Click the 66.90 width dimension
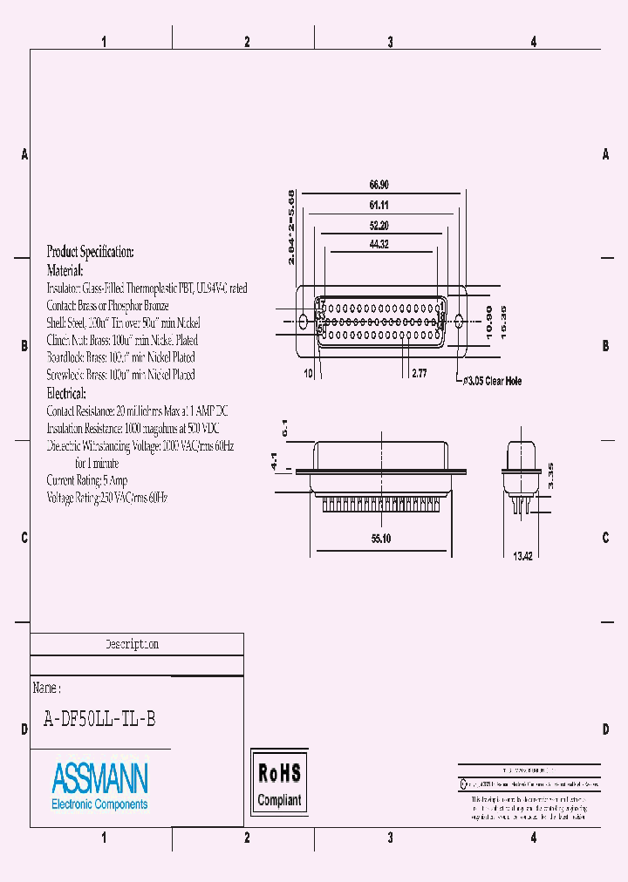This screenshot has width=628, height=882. point(378,185)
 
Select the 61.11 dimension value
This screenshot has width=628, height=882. point(378,205)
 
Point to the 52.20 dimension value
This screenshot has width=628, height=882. point(378,225)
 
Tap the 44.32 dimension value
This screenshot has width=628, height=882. point(378,245)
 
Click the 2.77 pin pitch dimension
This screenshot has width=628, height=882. point(419,373)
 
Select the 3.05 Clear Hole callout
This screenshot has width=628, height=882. point(492,381)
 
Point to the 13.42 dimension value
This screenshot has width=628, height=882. point(522,556)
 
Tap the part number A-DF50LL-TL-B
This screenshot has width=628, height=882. point(100,719)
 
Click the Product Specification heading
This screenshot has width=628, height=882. point(90,252)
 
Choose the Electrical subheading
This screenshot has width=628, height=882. point(65,393)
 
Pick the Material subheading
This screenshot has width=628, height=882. point(65,270)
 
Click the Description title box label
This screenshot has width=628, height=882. point(133,645)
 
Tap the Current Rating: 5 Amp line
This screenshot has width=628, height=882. point(87,480)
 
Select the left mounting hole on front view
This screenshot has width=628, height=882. point(304,322)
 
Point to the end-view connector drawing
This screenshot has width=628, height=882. point(521,475)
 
